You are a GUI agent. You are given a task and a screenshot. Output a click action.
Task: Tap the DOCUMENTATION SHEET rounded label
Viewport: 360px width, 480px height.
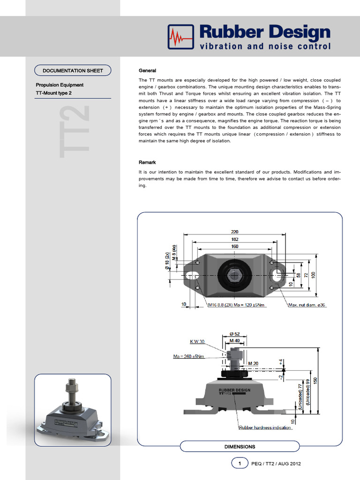[73, 71]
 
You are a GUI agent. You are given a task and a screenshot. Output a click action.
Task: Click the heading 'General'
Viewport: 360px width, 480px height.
[147, 71]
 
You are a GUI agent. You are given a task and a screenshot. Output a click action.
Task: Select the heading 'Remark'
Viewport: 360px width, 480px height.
[147, 162]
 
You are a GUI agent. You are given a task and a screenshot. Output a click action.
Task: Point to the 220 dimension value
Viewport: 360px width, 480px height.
[234, 232]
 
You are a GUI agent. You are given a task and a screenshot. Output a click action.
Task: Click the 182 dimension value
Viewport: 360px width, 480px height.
[234, 239]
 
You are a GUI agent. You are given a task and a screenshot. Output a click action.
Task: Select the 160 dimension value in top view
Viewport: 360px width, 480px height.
[234, 247]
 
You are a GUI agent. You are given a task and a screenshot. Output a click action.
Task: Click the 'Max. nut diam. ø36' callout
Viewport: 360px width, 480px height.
[307, 305]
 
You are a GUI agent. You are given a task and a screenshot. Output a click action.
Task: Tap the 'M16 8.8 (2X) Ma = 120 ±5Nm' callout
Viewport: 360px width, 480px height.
[236, 305]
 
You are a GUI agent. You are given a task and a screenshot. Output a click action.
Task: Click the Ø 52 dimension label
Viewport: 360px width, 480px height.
[234, 334]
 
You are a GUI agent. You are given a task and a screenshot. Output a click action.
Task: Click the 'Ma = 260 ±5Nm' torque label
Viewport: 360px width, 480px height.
[189, 357]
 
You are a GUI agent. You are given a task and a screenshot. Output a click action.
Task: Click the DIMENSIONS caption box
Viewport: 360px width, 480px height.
[240, 446]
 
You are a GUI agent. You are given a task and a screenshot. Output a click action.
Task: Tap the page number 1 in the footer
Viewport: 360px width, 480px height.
[240, 464]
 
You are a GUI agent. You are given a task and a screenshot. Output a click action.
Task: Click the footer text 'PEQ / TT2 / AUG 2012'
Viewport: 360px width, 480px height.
[276, 464]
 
